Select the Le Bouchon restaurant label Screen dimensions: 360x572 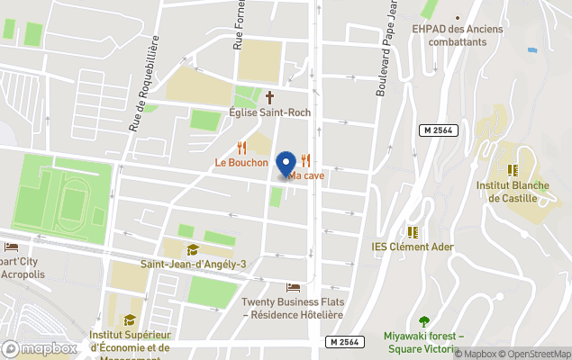pos(241,163)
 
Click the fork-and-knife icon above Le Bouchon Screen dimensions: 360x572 pos(241,147)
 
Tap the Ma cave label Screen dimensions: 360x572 pos(307,175)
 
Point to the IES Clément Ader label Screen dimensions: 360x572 pos(413,246)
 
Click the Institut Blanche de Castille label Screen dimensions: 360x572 pos(512,191)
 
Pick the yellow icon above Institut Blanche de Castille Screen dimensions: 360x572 pos(512,169)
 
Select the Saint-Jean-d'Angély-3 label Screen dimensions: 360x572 pos(193,265)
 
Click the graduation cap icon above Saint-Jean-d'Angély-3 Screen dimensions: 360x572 pos(192,249)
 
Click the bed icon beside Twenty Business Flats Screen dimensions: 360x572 pos(293,288)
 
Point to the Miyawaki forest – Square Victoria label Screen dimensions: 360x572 pos(423,342)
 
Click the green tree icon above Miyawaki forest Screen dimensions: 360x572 pos(423,320)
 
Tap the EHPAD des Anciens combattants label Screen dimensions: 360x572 pos(457,35)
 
